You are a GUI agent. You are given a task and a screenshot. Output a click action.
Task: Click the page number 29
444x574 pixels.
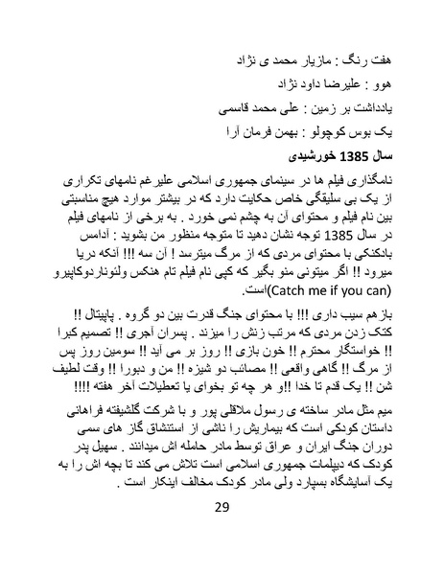pos(222,534)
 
